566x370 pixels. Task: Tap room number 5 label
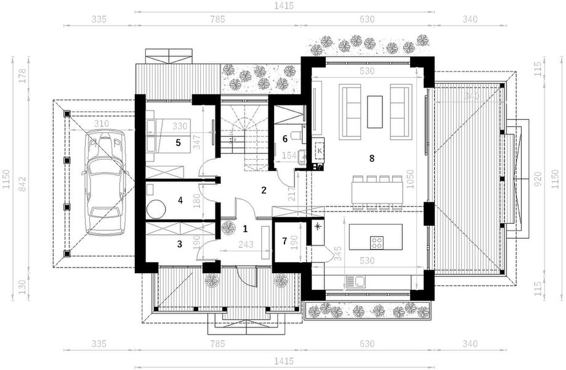tap(178, 142)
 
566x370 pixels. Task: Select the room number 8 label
tap(371, 158)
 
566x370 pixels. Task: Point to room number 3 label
tap(179, 244)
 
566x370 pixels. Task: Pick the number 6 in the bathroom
tap(285, 139)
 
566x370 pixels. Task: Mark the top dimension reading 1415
tap(285, 6)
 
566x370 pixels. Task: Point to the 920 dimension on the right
tap(538, 183)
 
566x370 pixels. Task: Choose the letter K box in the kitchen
tap(320, 149)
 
